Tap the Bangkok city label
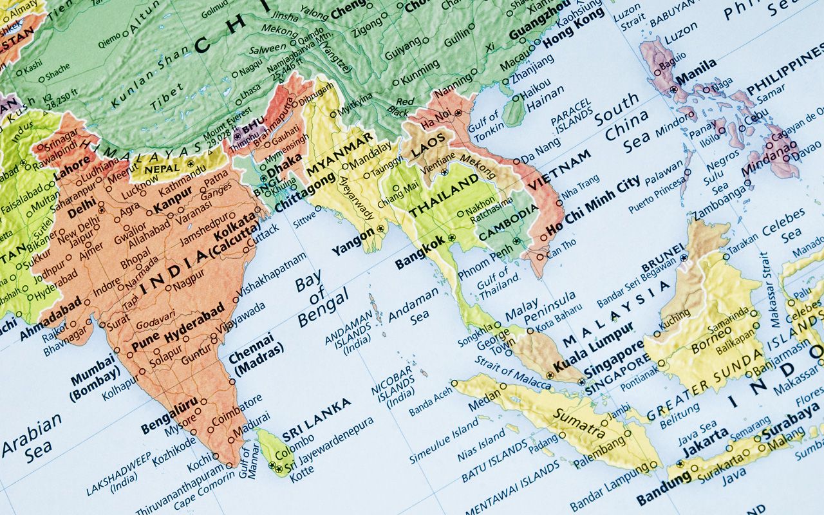420,253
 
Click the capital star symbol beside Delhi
101,210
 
